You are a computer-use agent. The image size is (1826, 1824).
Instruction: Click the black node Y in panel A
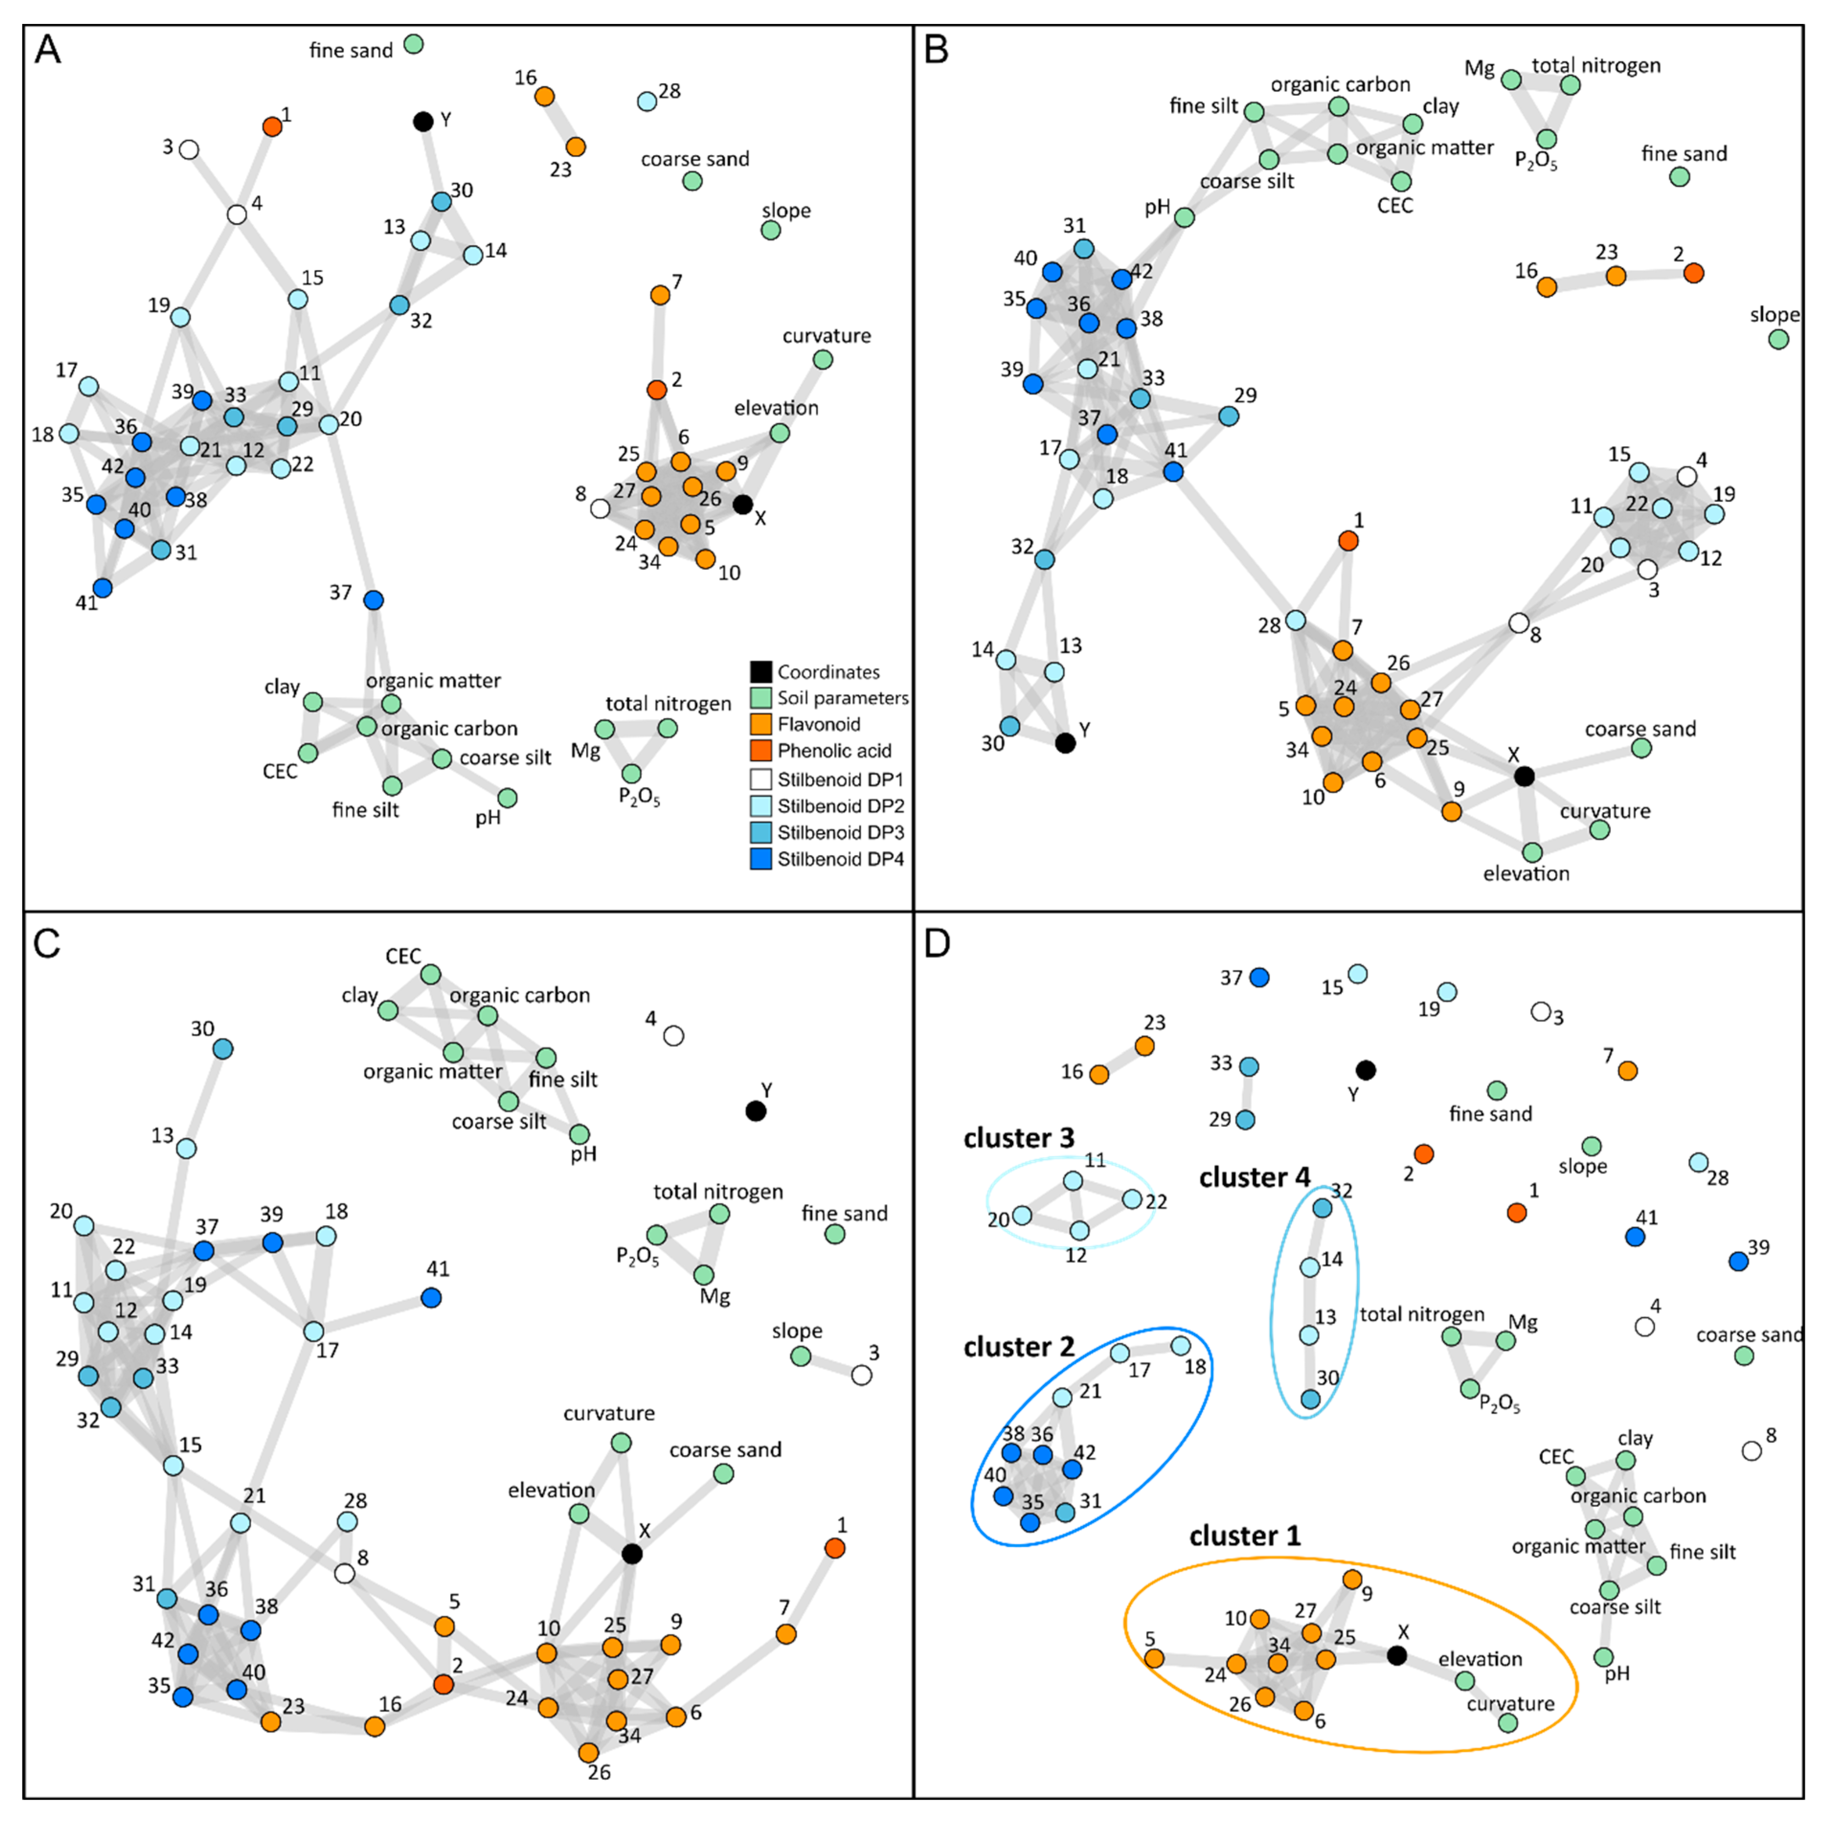tap(423, 121)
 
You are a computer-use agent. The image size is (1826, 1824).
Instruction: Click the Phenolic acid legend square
tap(761, 751)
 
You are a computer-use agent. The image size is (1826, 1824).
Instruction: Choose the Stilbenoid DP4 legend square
tap(761, 859)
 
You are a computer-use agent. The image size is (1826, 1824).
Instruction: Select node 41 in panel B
tap(1173, 472)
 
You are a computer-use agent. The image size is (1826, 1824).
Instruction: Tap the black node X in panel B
tap(1523, 776)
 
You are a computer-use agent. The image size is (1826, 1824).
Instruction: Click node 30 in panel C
tap(223, 1049)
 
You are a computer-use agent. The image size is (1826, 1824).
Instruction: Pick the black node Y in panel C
tap(755, 1112)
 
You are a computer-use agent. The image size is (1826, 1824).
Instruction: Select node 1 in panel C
tap(834, 1548)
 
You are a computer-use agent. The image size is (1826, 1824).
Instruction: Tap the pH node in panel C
tap(579, 1134)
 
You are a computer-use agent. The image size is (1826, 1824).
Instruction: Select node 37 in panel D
tap(1259, 977)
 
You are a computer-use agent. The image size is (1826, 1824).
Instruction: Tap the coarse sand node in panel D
tap(1744, 1355)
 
